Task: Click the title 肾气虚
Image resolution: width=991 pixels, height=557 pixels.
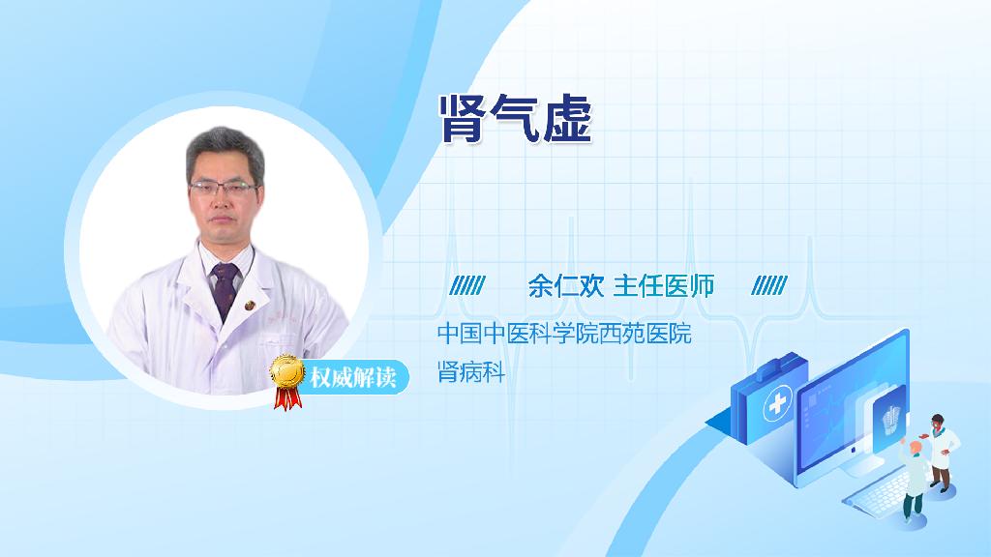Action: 516,119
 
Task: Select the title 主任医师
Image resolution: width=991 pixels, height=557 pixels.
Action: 664,286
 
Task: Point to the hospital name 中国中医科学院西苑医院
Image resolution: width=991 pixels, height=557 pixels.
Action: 564,333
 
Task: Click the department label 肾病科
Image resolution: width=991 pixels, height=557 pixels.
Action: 471,372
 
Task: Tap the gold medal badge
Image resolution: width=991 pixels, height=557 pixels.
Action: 287,371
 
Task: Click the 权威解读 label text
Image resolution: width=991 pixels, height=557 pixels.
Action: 352,377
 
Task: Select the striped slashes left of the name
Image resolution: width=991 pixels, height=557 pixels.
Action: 467,286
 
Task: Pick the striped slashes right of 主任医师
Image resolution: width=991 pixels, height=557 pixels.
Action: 769,286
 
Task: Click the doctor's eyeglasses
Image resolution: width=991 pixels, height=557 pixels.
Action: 224,188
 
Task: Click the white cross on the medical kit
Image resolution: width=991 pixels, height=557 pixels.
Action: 778,402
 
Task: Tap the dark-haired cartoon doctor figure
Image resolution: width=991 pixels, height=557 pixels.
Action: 941,453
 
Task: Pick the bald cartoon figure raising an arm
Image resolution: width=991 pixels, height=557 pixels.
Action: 915,477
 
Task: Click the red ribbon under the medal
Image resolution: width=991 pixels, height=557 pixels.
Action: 287,397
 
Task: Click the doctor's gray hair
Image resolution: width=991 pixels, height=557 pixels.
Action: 225,148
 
